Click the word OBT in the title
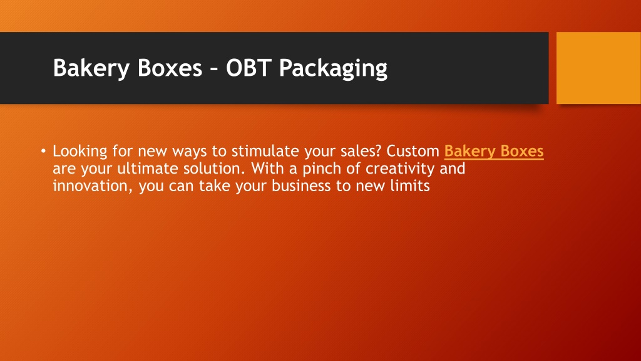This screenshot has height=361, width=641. tap(249, 68)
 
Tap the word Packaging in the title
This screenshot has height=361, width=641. tap(333, 68)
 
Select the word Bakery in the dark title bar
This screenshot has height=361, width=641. tap(91, 68)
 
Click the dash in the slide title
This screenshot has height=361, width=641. tap(214, 68)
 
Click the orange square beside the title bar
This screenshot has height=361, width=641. tap(598, 68)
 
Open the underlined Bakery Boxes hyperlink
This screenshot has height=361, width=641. tap(494, 152)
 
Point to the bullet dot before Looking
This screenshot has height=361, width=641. tap(43, 151)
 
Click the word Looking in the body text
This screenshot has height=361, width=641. tap(79, 152)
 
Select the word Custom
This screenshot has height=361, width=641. tap(413, 151)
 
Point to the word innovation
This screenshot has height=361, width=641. tap(93, 186)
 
